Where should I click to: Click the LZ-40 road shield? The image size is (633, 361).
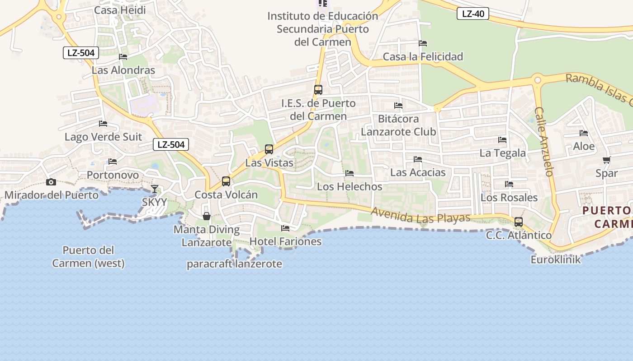coord(473,14)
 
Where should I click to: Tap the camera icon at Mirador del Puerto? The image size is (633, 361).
coord(51,182)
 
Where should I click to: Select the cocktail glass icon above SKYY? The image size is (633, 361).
coord(155,189)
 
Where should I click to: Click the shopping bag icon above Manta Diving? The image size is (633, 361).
coord(207,216)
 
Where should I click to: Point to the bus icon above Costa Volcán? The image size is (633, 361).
coord(226,181)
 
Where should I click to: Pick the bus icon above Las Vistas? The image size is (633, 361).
coord(269,149)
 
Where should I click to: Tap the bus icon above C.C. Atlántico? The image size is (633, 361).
coord(519,222)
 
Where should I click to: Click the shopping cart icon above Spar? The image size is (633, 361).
coord(607,160)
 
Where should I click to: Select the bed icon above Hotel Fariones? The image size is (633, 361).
coord(285,228)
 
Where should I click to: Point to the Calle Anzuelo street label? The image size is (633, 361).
coord(544,141)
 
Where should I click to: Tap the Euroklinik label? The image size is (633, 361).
coord(556,259)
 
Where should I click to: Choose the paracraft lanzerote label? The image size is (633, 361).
coord(235,264)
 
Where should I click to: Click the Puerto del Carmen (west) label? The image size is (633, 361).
coord(88,257)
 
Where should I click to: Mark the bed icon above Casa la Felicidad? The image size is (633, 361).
coord(423,43)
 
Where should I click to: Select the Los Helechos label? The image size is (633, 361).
coord(350,186)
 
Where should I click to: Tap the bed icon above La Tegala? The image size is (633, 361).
coord(502,140)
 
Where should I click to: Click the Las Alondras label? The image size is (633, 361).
coord(123,70)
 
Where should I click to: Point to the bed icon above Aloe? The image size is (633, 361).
coord(584,133)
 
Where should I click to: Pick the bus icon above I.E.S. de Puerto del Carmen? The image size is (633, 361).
coord(318,90)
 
